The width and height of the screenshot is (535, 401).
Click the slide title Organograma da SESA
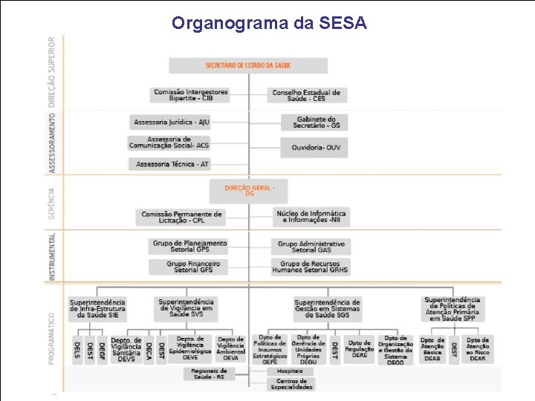[269, 23]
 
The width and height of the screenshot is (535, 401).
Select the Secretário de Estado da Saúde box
[248, 65]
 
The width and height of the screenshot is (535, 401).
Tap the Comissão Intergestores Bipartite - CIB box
[191, 95]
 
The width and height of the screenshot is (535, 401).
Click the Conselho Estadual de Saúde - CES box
[306, 95]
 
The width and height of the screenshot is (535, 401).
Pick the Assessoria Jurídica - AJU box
[171, 122]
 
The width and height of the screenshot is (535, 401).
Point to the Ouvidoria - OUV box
[314, 147]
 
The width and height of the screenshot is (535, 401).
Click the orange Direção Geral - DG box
[248, 191]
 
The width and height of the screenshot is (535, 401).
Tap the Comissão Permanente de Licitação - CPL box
[181, 217]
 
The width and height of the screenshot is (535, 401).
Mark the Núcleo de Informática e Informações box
[311, 217]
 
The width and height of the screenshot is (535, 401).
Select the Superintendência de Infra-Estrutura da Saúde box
[97, 309]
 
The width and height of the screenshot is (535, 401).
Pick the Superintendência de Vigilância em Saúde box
[186, 307]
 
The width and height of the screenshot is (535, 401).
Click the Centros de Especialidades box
[290, 384]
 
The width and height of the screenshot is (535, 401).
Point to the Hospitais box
[290, 371]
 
